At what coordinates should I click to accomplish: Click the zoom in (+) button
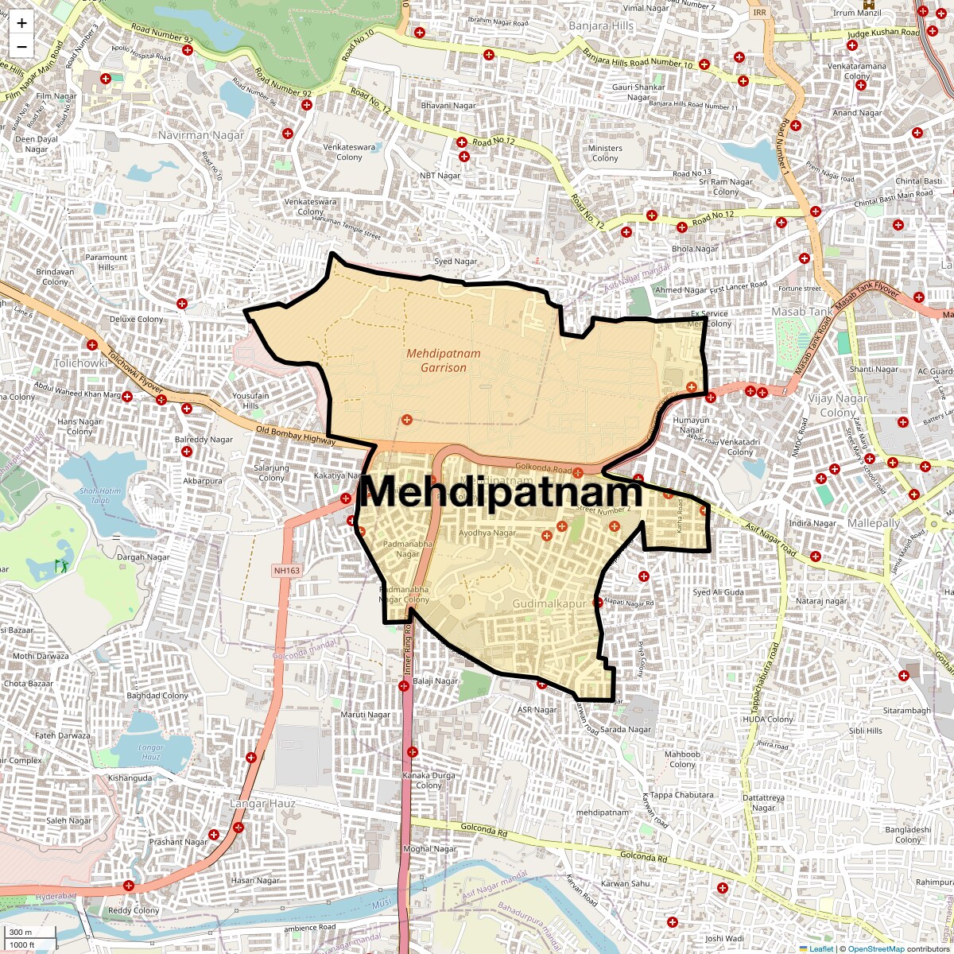tap(21, 23)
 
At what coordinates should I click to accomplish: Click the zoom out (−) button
tap(21, 46)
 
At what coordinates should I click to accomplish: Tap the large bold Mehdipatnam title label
tap(501, 491)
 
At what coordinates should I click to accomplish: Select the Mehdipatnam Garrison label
tap(436, 360)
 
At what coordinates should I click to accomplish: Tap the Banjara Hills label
tap(601, 26)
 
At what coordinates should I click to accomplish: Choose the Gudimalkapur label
tap(549, 604)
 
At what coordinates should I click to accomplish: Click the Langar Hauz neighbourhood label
tap(262, 804)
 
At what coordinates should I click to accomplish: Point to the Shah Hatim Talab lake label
tap(101, 496)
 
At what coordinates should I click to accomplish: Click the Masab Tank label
tap(800, 312)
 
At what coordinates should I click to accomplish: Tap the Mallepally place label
tap(874, 524)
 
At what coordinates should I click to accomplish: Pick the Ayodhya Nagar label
tap(487, 533)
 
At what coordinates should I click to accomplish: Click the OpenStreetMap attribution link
tap(875, 948)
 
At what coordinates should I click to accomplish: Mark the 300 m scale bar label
tap(21, 933)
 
